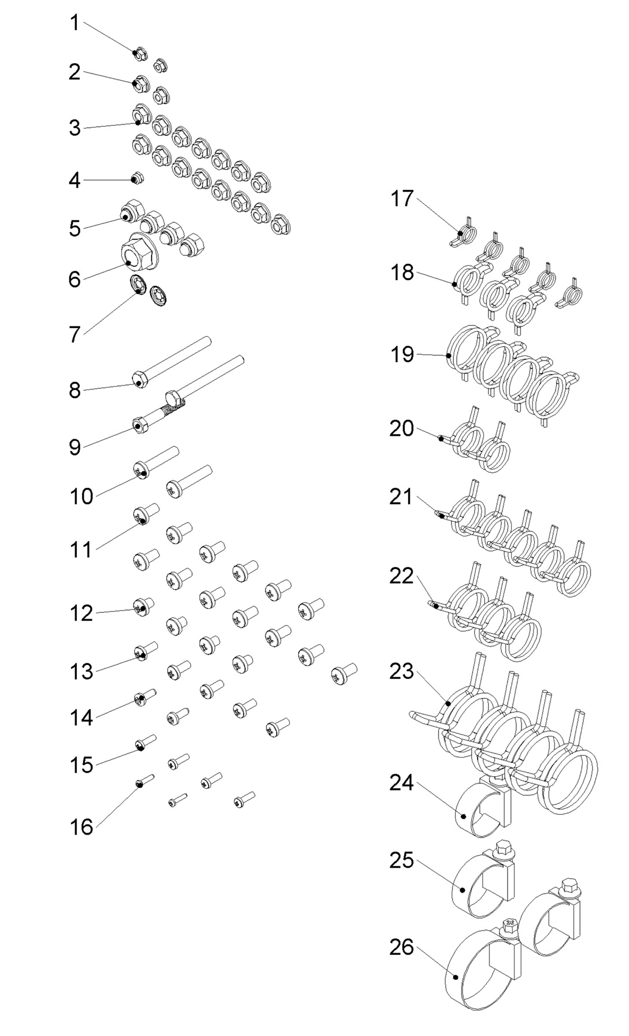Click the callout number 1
point(74,24)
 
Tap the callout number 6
point(75,280)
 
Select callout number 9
point(75,447)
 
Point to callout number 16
point(82,827)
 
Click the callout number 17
point(402,199)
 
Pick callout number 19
point(402,354)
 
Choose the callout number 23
point(401,671)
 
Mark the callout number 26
point(401,947)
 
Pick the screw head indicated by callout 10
point(141,471)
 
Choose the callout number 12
point(82,613)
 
